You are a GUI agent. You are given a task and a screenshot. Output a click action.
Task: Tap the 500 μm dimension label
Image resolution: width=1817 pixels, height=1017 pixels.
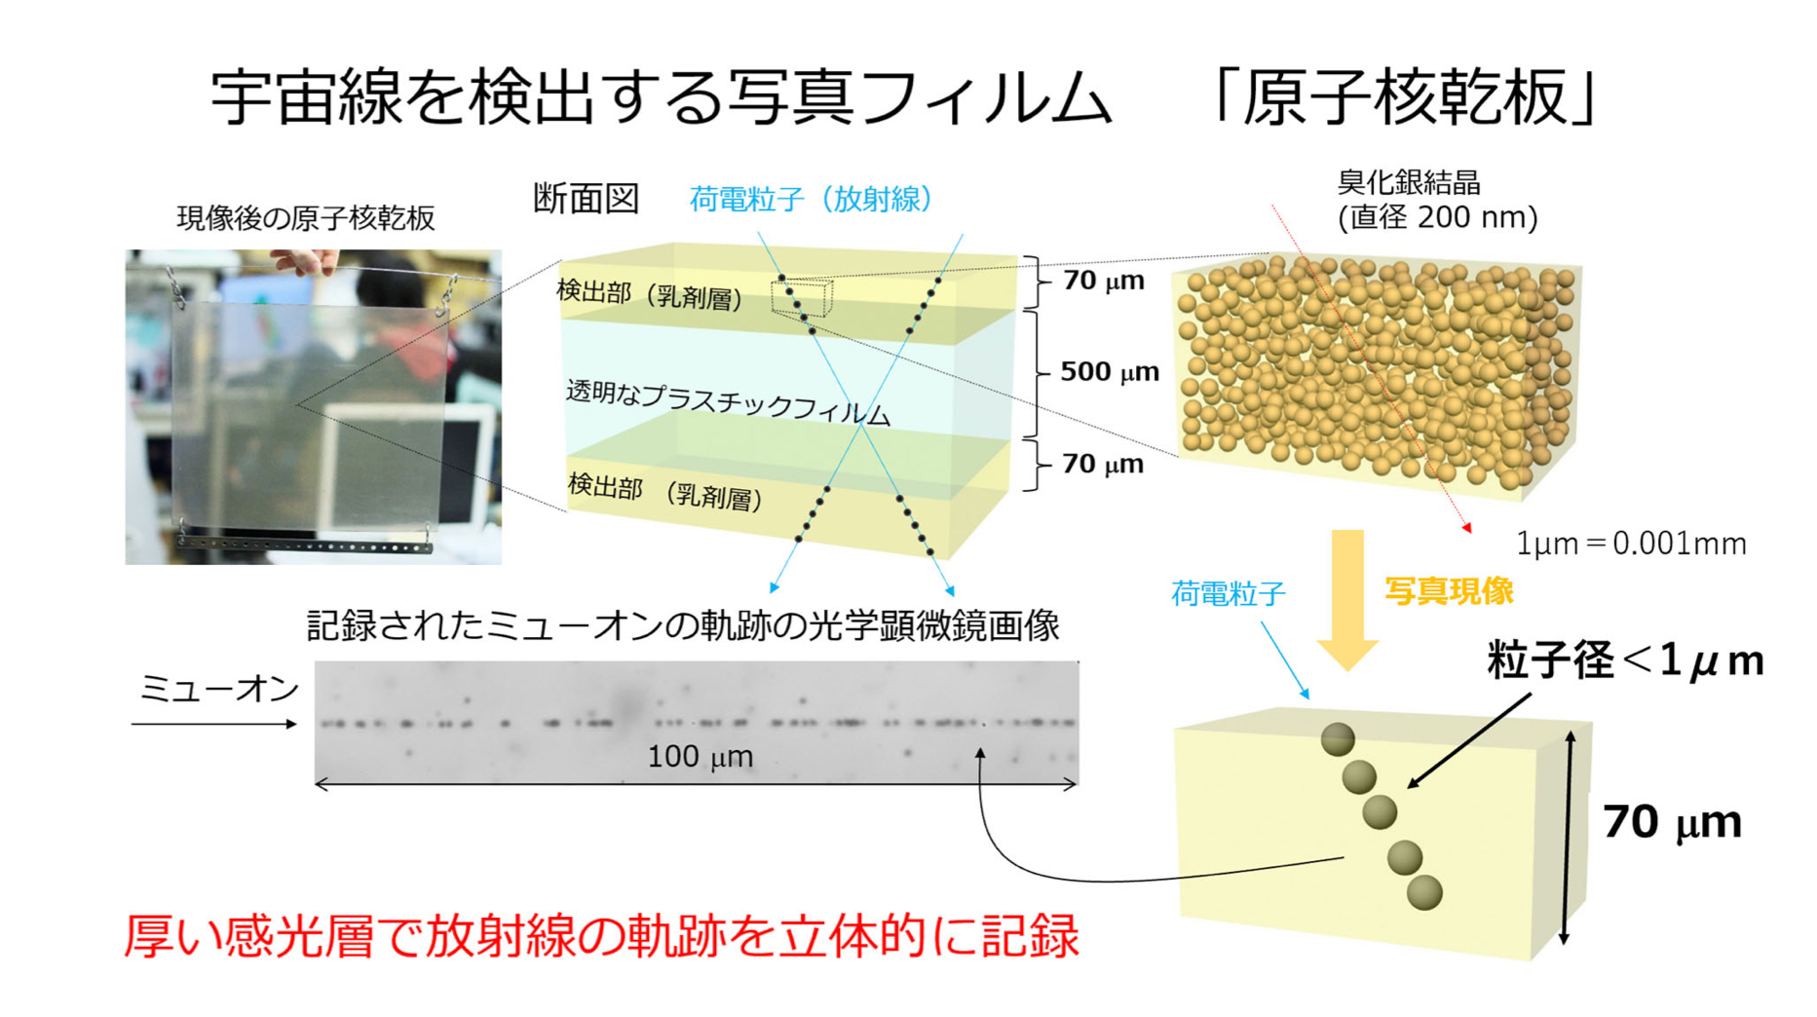[1110, 371]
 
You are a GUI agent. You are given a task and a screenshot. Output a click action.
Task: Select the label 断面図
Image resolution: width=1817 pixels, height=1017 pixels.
[586, 199]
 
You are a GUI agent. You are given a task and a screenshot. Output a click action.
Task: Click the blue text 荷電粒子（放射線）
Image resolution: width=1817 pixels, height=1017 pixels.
[811, 199]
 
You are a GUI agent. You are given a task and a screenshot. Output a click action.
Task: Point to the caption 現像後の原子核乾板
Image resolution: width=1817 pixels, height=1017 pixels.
[306, 218]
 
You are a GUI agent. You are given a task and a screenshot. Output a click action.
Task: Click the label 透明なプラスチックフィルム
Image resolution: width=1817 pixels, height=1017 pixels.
[728, 401]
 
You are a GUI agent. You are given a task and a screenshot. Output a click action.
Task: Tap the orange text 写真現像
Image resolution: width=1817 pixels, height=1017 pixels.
[1449, 590]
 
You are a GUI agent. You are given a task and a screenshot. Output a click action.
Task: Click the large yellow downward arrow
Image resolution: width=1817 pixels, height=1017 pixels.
[1347, 600]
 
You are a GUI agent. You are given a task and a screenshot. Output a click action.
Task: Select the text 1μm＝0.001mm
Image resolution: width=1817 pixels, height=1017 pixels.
[1631, 544]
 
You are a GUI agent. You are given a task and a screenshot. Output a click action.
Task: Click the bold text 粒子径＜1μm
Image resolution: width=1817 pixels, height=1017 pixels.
[1625, 660]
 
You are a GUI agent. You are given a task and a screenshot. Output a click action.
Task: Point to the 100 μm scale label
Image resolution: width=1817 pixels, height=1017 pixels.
[700, 757]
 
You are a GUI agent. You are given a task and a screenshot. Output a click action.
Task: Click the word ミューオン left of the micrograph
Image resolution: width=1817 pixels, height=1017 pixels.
[219, 689]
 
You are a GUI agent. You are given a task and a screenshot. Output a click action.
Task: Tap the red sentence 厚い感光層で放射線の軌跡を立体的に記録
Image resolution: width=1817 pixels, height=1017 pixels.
[601, 935]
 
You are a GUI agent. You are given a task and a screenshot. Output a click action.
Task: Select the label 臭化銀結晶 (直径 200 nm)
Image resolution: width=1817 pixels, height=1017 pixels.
[1437, 200]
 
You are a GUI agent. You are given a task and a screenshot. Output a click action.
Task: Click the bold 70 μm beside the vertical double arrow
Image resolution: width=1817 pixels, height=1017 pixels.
[1672, 821]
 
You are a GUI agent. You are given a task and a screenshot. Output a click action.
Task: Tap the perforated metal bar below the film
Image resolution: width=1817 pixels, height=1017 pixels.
[306, 545]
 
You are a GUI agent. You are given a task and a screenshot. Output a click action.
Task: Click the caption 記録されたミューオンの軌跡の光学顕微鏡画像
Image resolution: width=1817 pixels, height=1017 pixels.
[683, 625]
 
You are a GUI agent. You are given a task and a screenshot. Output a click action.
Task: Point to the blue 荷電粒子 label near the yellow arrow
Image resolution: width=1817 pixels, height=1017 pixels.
[1228, 593]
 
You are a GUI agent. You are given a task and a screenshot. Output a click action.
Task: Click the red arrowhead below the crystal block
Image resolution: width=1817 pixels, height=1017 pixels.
[1466, 528]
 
